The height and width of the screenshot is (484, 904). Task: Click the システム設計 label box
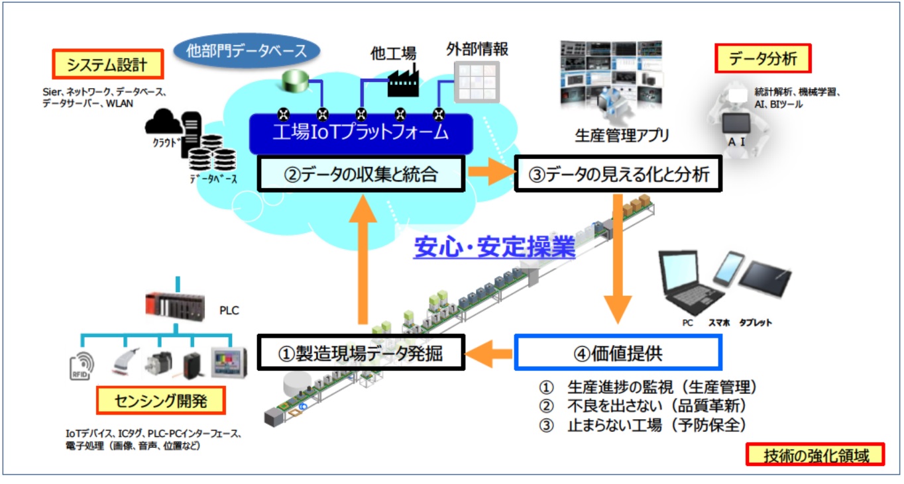tap(107, 65)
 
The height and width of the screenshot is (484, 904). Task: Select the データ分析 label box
tap(763, 58)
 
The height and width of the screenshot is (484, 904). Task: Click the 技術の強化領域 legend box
tap(815, 456)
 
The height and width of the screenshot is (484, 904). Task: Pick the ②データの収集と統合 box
tap(361, 175)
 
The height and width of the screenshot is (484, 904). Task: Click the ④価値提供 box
tap(618, 353)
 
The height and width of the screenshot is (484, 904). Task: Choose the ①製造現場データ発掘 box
tap(361, 353)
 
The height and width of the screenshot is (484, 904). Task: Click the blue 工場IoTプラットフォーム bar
tap(361, 132)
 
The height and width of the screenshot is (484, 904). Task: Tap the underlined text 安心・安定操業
tap(494, 248)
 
